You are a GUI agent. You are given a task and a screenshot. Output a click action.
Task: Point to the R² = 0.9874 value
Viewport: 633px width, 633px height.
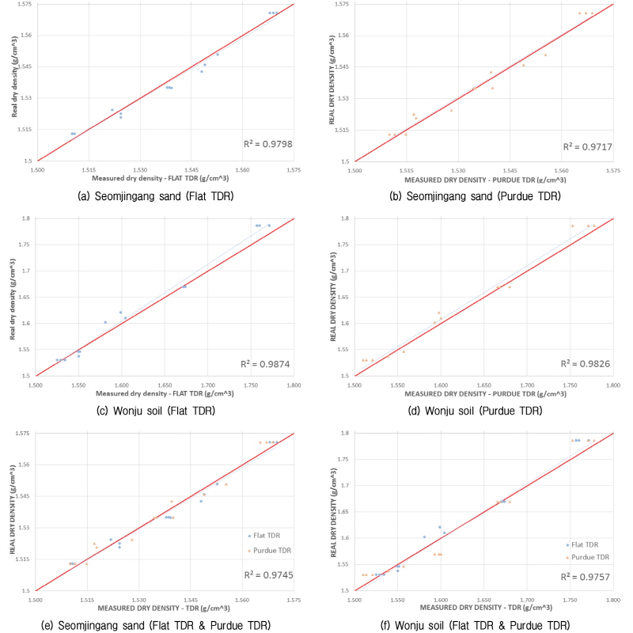click(267, 365)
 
